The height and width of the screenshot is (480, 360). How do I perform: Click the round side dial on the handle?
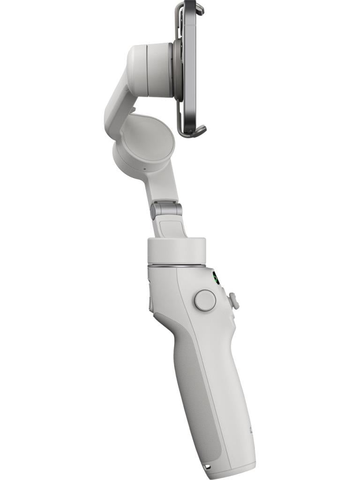(205, 300)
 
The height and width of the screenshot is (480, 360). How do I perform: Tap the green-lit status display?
(216, 278)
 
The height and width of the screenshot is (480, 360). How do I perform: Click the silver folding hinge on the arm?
(166, 210)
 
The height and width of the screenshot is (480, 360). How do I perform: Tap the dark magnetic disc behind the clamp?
(178, 70)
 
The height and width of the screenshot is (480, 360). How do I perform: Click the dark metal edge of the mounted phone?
(190, 66)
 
